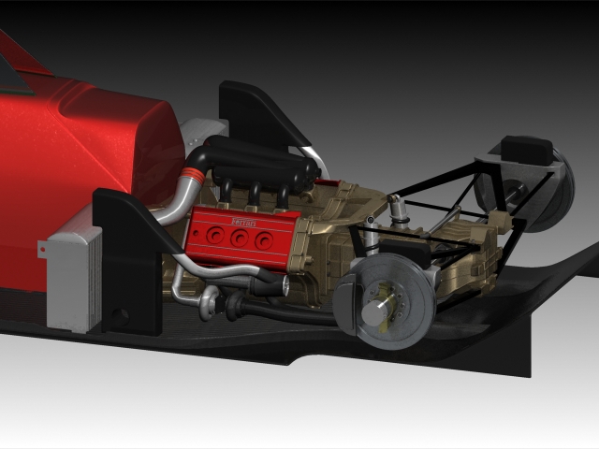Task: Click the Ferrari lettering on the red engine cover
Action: pos(243,223)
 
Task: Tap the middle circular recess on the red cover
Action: pos(240,239)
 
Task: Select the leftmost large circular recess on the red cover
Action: pos(215,235)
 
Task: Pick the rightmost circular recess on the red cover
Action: pos(264,240)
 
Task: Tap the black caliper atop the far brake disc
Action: pos(526,150)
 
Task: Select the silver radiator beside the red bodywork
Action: pos(75,278)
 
